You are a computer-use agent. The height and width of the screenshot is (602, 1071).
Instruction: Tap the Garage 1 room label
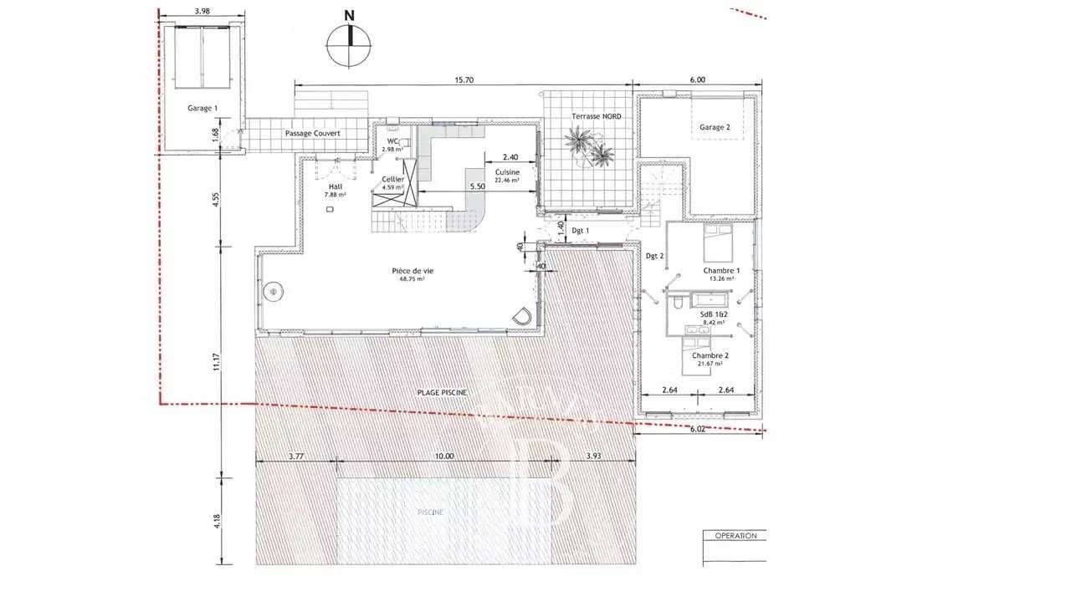pos(202,108)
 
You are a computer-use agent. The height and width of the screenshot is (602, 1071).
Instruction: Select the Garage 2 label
pos(712,127)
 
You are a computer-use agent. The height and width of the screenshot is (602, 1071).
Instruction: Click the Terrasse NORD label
pos(596,116)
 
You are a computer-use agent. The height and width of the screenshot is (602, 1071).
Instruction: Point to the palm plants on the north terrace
pos(589,146)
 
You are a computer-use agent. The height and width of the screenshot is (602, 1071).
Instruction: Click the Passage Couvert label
pos(312,134)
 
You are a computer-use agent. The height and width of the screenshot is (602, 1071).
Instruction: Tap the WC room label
pos(392,141)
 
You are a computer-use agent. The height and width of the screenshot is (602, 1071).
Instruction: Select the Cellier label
pos(392,180)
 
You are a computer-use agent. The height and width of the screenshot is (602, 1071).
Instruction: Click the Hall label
pos(335,187)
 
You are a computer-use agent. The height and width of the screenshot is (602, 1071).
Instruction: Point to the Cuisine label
pos(507,171)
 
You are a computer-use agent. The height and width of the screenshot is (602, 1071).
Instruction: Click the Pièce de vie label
pos(413,271)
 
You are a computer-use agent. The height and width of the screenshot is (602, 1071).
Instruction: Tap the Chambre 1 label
pos(720,271)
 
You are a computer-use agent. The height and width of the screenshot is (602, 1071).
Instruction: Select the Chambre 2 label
pos(710,355)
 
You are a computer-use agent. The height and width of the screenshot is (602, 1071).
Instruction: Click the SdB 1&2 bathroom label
pos(713,313)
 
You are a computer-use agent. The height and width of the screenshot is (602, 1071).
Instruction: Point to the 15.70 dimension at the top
pos(464,80)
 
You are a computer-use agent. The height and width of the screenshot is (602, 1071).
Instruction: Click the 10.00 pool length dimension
pos(443,457)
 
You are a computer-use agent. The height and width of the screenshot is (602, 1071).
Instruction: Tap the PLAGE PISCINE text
pos(442,393)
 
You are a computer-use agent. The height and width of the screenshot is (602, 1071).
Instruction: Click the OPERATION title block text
pos(735,536)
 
